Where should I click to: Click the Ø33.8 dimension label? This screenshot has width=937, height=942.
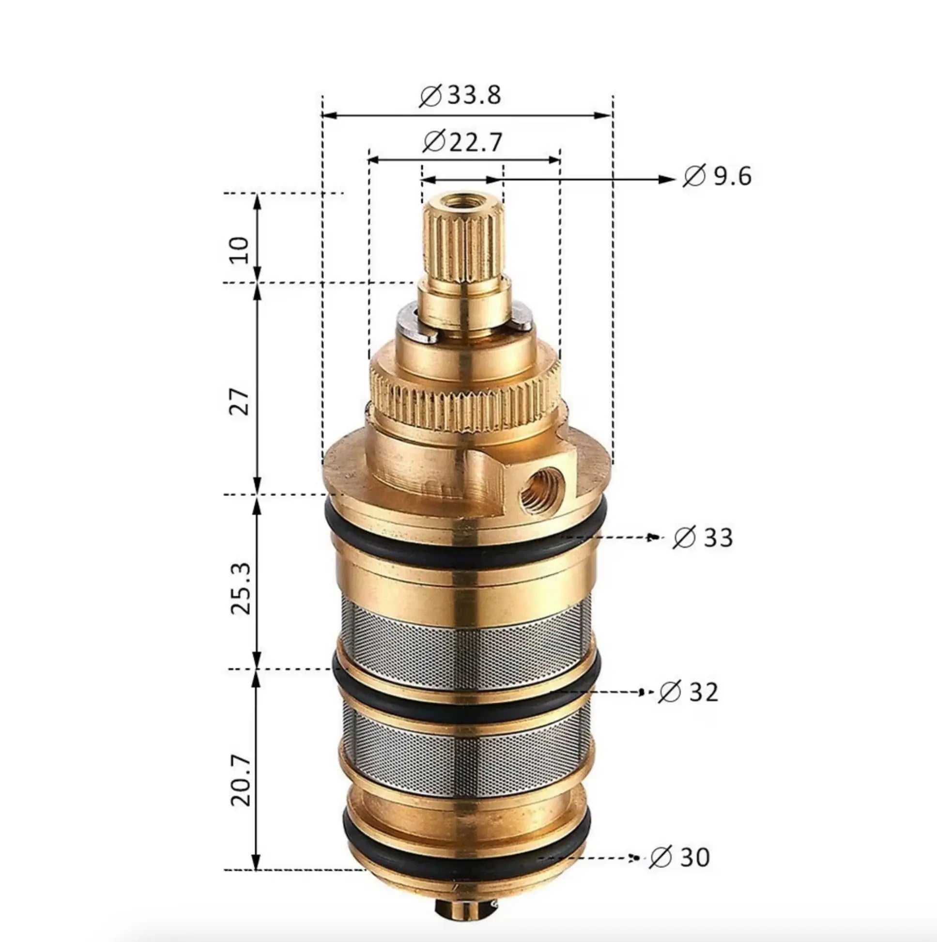(x=460, y=95)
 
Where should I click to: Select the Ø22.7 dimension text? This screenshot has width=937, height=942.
(x=461, y=142)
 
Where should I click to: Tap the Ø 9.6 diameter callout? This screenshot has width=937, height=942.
(x=717, y=176)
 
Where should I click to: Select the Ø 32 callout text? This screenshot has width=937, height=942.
(x=688, y=692)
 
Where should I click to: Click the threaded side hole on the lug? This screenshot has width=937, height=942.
(x=541, y=491)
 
